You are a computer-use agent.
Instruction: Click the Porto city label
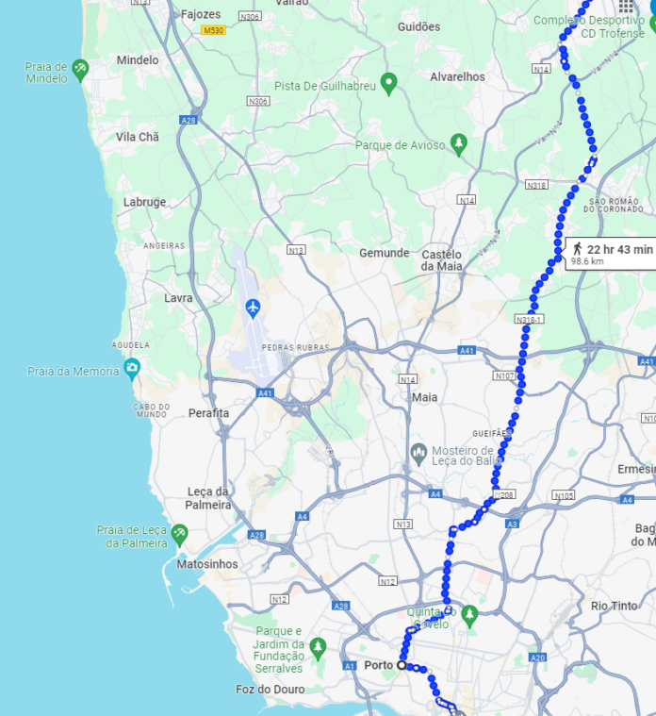[x=378, y=665]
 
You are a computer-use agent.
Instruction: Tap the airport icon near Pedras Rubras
[x=253, y=308]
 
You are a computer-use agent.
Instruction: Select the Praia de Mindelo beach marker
[x=80, y=68]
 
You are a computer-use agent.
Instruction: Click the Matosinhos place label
[x=207, y=564]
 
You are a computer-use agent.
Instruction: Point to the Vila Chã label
[x=137, y=137]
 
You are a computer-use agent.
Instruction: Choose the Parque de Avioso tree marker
[x=459, y=144]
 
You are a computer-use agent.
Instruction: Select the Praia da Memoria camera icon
[x=132, y=368]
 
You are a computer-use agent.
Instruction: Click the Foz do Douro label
[x=271, y=690]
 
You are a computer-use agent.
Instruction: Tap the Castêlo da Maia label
[x=442, y=260]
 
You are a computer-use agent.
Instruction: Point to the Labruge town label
[x=144, y=202]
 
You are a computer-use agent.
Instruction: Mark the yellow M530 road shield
[x=214, y=31]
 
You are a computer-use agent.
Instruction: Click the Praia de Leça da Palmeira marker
[x=179, y=535]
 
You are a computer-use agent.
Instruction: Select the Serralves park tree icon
[x=318, y=647]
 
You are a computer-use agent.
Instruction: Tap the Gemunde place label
[x=385, y=253]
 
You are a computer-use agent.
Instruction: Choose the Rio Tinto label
[x=614, y=606]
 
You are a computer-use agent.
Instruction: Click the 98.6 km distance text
[x=587, y=261]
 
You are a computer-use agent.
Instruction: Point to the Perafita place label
[x=208, y=413]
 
